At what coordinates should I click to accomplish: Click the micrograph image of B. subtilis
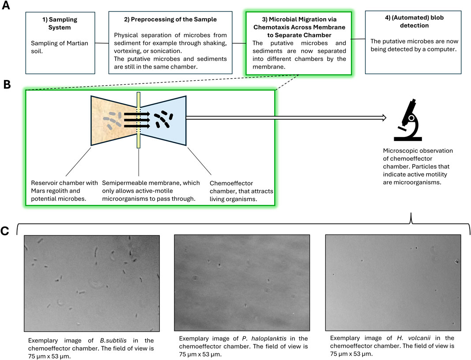[x=91, y=283]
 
